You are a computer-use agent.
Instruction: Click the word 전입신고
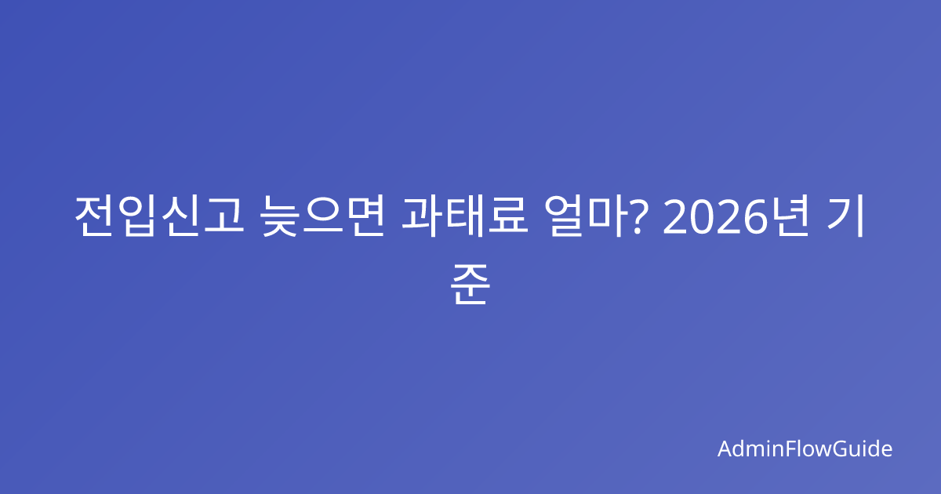[159, 216]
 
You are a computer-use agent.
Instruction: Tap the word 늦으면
[322, 216]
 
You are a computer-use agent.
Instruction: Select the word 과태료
[464, 216]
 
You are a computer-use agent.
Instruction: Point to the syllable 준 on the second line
[470, 284]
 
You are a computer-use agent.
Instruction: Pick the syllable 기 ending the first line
[845, 216]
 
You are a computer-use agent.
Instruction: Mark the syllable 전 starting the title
[94, 216]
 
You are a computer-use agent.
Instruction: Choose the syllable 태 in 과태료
[465, 216]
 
